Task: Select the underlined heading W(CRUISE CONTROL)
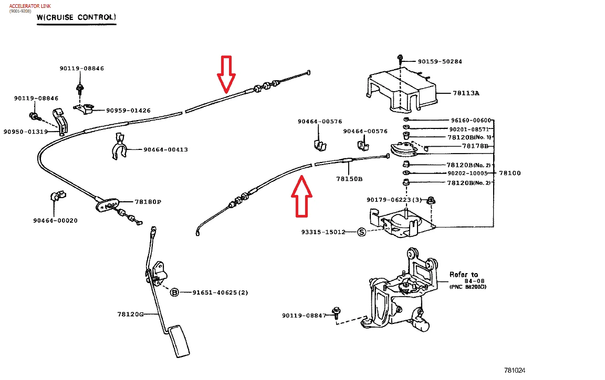(x=76, y=17)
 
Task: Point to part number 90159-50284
(x=440, y=61)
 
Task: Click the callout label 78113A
(x=466, y=93)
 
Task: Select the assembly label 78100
(x=509, y=173)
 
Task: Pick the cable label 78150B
(x=349, y=179)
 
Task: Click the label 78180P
(x=148, y=202)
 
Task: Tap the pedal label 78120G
(x=130, y=314)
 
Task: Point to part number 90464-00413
(x=165, y=149)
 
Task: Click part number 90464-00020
(x=55, y=221)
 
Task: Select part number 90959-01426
(x=128, y=111)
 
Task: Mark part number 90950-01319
(x=25, y=132)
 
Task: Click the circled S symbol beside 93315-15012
(x=361, y=232)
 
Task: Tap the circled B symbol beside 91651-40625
(x=175, y=292)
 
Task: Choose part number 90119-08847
(x=304, y=316)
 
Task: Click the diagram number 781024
(x=515, y=370)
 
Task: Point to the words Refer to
(x=464, y=274)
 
